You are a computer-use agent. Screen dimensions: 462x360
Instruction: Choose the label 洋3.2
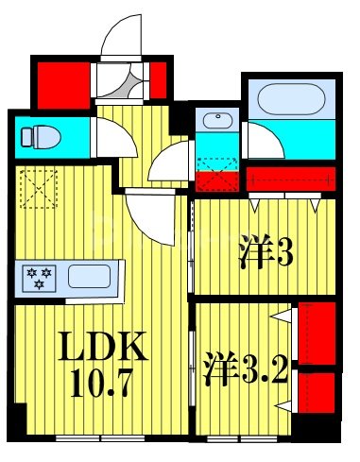coord(244,366)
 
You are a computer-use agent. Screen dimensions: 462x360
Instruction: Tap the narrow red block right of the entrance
coord(159,79)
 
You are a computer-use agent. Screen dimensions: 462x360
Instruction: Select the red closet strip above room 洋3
coord(290,177)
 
